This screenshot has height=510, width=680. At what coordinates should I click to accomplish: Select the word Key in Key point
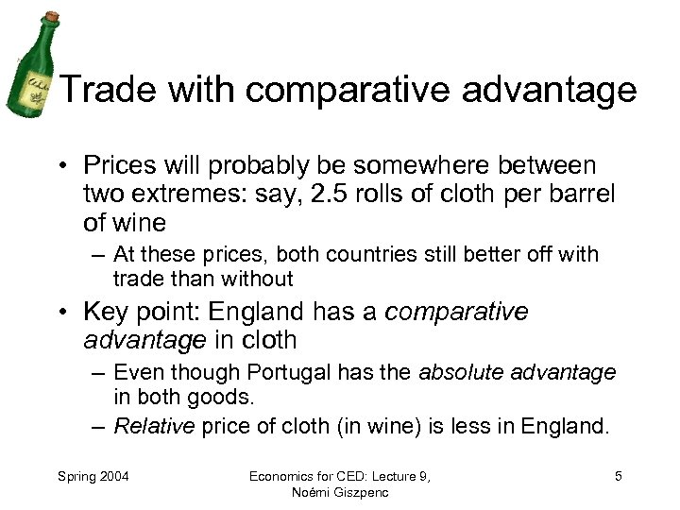pos(108,311)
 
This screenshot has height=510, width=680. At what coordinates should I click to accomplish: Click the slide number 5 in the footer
pos(618,476)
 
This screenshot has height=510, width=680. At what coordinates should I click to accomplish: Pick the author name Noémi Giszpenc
pos(339,493)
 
